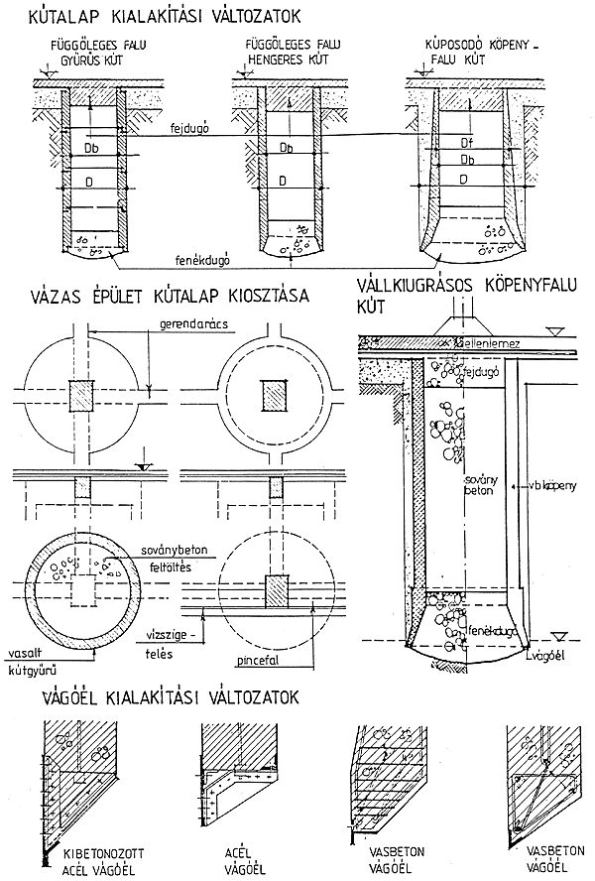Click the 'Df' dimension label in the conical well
[x=464, y=143]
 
